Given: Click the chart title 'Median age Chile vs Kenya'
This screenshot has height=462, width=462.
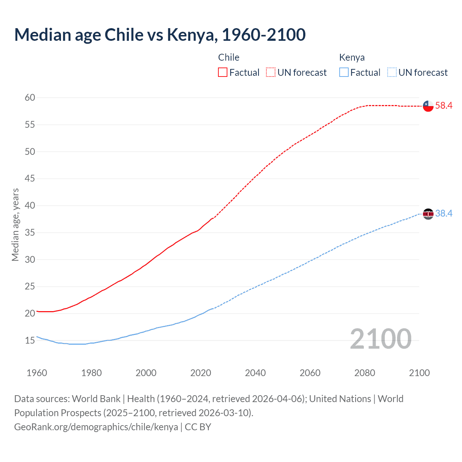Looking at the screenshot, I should [160, 35].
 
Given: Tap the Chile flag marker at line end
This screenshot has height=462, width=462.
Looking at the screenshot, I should [428, 106].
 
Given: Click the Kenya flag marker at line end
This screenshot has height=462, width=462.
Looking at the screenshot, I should [428, 214].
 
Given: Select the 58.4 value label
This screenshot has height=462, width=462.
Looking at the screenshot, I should [444, 105].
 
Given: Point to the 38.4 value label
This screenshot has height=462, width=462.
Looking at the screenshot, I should [444, 213].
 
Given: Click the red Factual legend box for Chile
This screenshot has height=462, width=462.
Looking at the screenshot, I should [223, 73].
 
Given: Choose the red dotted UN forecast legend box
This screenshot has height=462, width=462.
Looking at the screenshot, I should [271, 73].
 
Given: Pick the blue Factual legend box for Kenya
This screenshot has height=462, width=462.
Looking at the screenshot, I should [344, 73].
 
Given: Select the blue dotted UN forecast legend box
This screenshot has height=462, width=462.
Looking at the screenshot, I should [392, 73].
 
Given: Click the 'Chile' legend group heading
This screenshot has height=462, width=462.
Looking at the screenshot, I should [229, 57].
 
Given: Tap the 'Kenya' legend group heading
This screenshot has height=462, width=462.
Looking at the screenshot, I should [352, 57].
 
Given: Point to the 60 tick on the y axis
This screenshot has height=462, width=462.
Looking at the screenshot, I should [30, 97].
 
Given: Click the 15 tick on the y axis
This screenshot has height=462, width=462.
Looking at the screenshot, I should [30, 340].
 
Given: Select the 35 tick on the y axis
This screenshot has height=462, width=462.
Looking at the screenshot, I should [30, 232].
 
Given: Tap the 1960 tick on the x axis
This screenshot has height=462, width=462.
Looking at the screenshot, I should [37, 373].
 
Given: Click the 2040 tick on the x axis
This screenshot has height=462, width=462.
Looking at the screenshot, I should [256, 373].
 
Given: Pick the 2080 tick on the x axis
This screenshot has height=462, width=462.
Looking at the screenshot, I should [365, 373].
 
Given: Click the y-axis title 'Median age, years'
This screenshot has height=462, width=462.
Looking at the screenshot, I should [15, 225].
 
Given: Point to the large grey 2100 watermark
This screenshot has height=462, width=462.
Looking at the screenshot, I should [381, 339].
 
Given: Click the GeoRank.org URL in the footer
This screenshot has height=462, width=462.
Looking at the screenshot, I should [96, 427].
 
